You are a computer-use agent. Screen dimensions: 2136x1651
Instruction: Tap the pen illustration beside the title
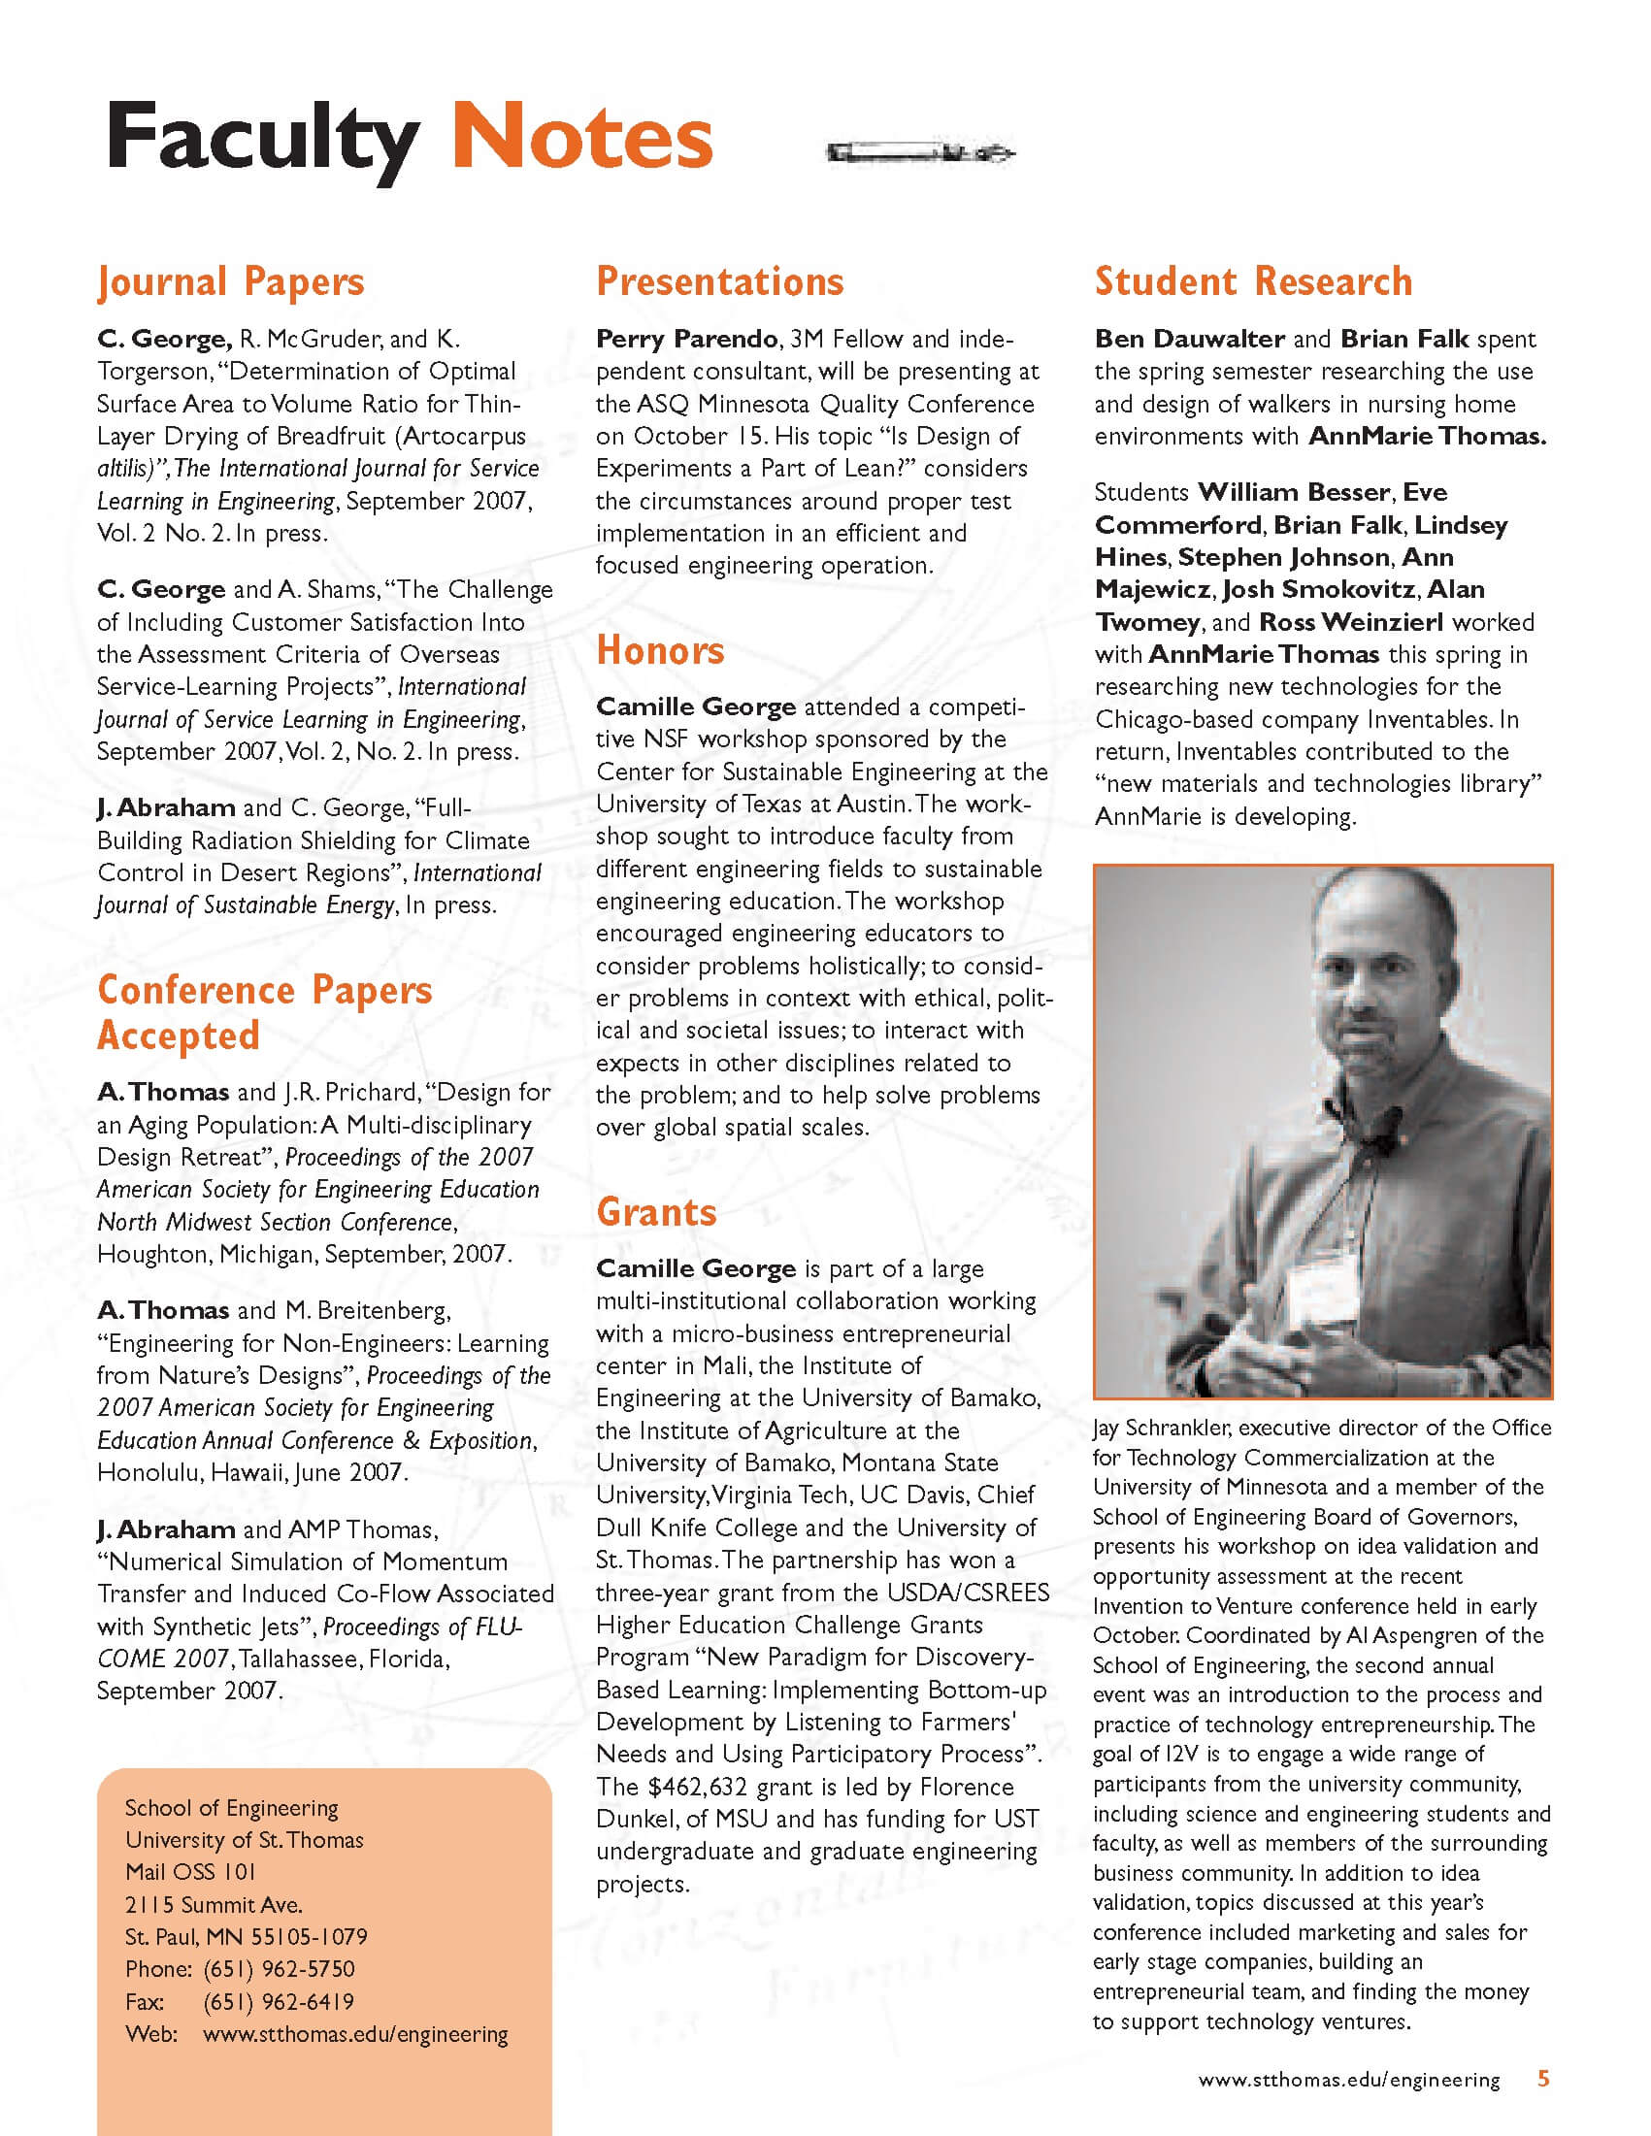[x=919, y=152]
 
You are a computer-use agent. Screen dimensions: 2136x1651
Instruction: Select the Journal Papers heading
[x=231, y=282]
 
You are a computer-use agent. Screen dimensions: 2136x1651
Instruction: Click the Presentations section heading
[x=720, y=281]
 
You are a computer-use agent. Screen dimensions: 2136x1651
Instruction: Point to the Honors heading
[x=660, y=650]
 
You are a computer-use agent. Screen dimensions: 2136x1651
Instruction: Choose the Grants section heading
[x=656, y=1212]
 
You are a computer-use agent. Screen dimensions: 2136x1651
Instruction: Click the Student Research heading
[x=1253, y=281]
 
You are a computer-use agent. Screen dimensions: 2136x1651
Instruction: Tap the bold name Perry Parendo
[x=686, y=340]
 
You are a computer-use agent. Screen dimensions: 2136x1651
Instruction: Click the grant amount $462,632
[x=697, y=1787]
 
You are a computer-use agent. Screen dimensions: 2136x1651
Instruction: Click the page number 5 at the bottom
[x=1543, y=2079]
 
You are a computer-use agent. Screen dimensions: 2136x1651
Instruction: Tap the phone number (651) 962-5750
[x=279, y=1969]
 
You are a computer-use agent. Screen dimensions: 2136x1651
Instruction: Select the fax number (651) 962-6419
[x=279, y=2001]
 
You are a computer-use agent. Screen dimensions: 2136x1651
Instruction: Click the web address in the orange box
[x=355, y=2034]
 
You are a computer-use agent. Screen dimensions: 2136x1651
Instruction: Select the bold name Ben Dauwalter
[x=1189, y=340]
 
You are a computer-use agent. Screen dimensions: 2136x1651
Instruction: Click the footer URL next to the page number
[x=1349, y=2081]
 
